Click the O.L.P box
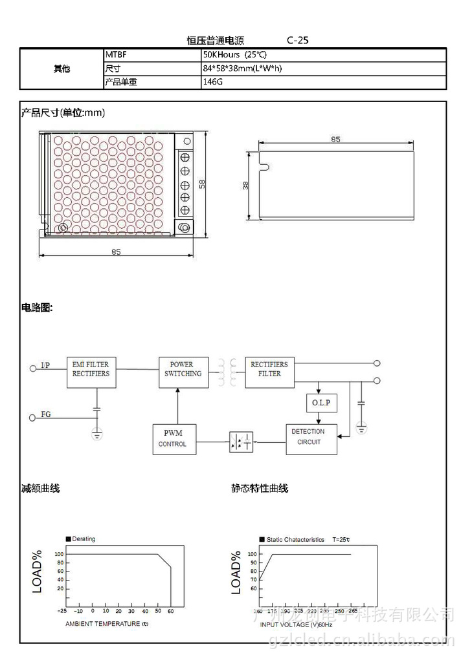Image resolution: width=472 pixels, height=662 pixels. click(320, 403)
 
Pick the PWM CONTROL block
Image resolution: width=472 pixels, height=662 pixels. click(174, 439)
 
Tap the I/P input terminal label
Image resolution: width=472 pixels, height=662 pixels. click(45, 366)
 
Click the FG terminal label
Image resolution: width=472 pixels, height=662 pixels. click(46, 414)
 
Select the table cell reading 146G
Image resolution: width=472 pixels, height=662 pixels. click(214, 83)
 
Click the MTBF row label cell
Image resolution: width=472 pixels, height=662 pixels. click(115, 56)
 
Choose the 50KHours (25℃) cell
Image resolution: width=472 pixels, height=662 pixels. click(234, 56)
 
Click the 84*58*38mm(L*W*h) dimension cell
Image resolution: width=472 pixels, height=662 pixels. click(243, 69)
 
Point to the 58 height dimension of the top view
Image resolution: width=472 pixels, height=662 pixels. click(202, 184)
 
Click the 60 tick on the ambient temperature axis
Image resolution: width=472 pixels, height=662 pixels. click(171, 611)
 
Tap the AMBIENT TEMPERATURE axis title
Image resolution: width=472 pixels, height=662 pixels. click(107, 624)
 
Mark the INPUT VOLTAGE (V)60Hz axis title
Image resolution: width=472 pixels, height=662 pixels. click(297, 625)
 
